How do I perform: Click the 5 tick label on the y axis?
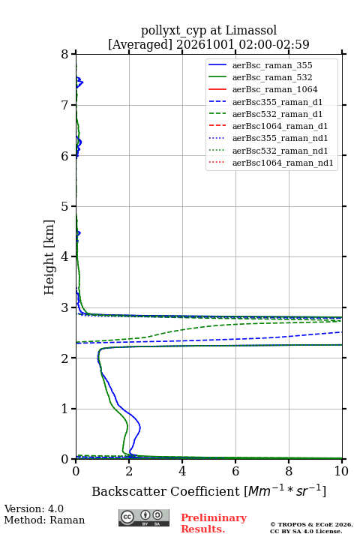point(65,206)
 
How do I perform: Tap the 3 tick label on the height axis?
point(65,307)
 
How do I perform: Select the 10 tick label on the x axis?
point(341,471)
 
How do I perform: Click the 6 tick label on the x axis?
point(235,471)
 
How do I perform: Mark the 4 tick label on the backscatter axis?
point(182,471)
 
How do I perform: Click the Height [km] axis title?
point(49,257)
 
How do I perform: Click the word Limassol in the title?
point(251,31)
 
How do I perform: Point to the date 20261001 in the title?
point(205,44)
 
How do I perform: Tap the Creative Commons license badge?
point(144,517)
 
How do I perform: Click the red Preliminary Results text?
point(214,523)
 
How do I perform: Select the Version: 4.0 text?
point(34,508)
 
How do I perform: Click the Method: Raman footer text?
point(44,520)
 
